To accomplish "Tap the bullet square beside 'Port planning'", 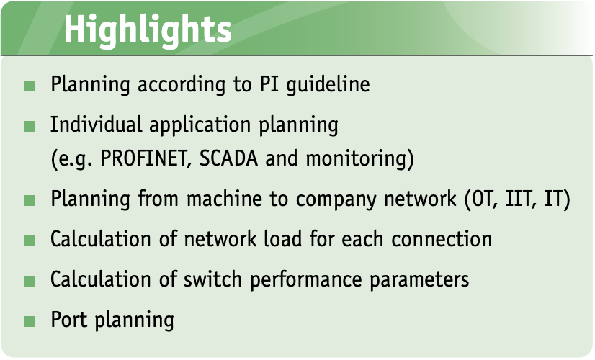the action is pyautogui.click(x=30, y=321).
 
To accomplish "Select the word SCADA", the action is pyautogui.click(x=228, y=158).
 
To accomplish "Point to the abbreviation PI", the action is pyautogui.click(x=269, y=84).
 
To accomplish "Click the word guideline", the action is pyautogui.click(x=328, y=84).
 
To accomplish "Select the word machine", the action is pyautogui.click(x=224, y=199).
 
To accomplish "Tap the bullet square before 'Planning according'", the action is pyautogui.click(x=30, y=86).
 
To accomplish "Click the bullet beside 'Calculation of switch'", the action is pyautogui.click(x=30, y=281).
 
